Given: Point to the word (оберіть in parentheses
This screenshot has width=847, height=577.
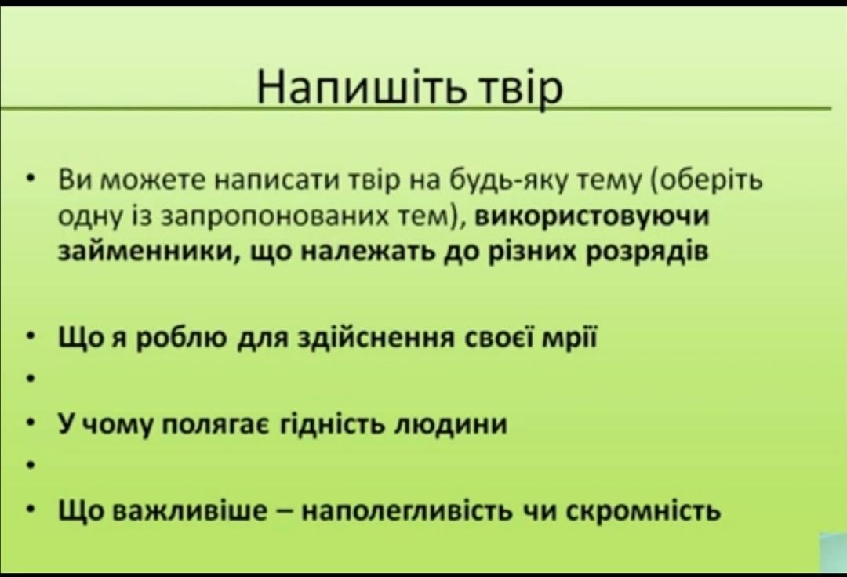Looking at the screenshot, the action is pyautogui.click(x=707, y=180).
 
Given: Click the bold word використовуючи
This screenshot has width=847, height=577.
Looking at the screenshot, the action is pyautogui.click(x=592, y=216).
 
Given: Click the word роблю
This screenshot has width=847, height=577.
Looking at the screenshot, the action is pyautogui.click(x=183, y=339).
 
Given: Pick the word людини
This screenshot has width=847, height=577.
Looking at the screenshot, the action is pyautogui.click(x=452, y=425).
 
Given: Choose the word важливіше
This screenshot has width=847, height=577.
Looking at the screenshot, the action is pyautogui.click(x=189, y=510).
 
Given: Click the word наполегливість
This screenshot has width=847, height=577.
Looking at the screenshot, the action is pyautogui.click(x=406, y=510).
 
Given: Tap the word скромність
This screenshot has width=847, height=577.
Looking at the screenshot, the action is pyautogui.click(x=643, y=510).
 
